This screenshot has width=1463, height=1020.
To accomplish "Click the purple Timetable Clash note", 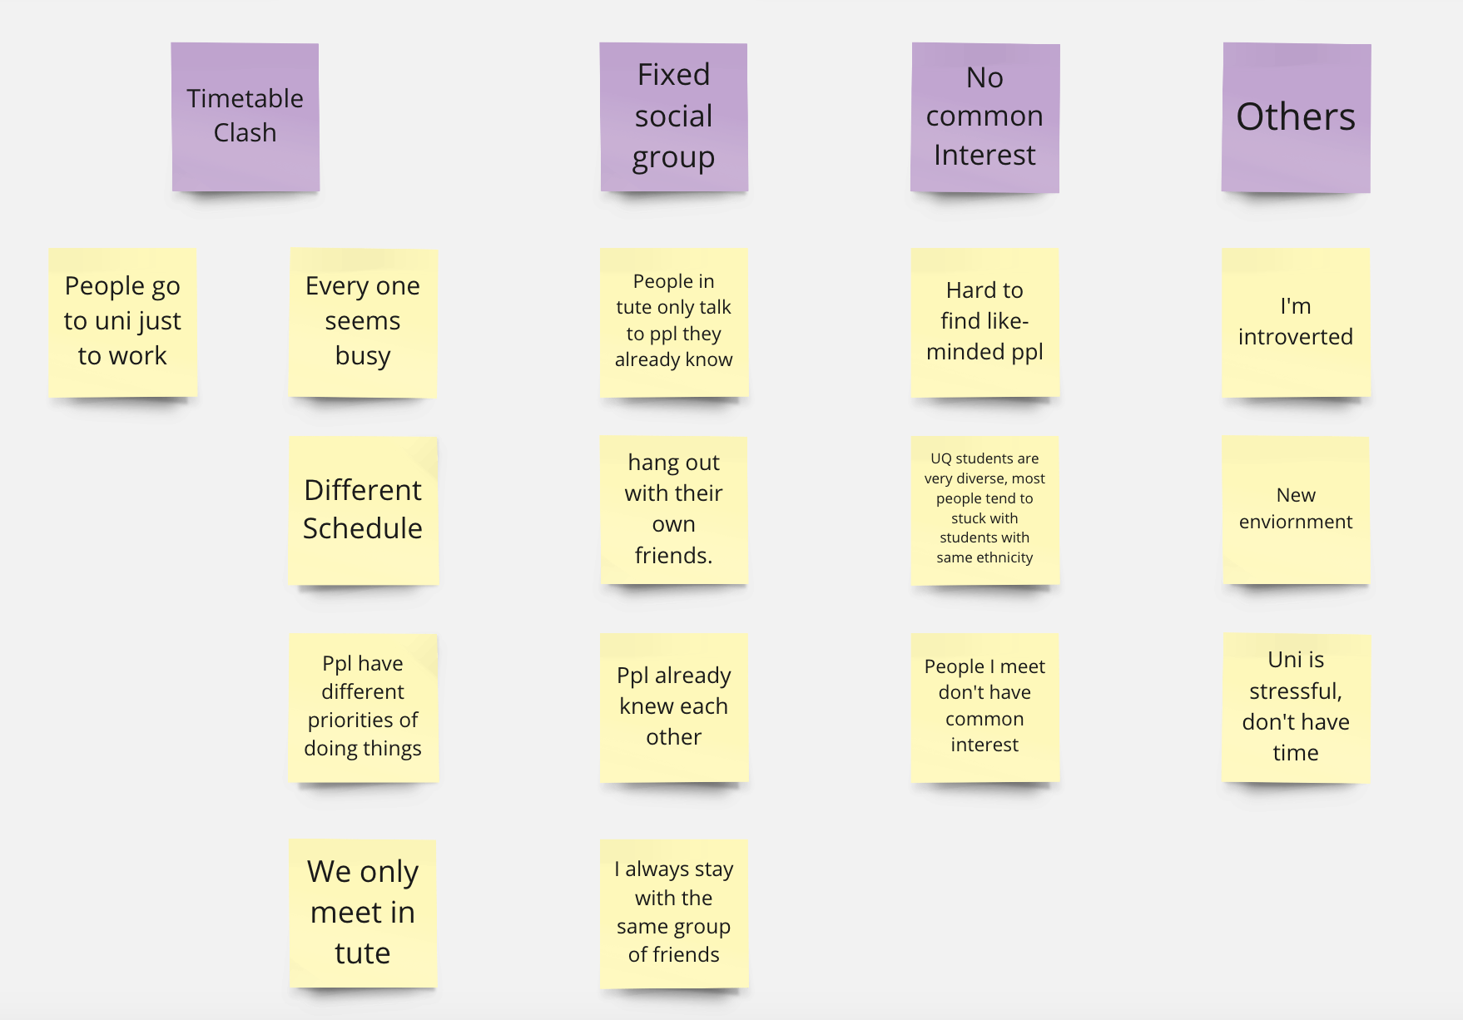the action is tap(245, 116).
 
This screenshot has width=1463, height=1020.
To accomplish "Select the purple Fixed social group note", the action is tap(673, 116).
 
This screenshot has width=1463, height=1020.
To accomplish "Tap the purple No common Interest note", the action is tap(984, 117).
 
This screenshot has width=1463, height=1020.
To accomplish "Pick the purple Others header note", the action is tap(1296, 117).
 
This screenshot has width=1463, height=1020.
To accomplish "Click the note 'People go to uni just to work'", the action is tap(122, 321).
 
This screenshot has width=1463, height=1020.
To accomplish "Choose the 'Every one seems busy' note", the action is tap(363, 322).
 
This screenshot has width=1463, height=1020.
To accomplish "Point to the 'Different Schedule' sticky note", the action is tap(363, 510).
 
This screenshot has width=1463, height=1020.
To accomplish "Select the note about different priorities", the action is tap(363, 707).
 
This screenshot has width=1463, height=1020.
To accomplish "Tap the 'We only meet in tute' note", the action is tap(363, 913).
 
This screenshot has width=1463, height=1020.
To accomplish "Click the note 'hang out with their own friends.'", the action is tap(673, 509).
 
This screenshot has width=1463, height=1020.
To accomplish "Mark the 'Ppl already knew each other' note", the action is tap(673, 707).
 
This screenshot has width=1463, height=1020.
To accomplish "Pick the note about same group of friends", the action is tap(673, 913).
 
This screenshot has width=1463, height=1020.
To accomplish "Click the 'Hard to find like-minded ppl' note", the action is tap(984, 321).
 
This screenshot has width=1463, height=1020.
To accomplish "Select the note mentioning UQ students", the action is tap(984, 509).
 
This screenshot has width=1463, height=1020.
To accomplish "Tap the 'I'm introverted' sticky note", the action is tap(1295, 321).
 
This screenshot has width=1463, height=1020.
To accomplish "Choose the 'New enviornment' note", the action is tap(1295, 509).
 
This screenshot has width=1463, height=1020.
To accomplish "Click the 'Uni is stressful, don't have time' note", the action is tap(1295, 707).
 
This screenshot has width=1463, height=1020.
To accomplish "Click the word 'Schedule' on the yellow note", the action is tap(363, 528).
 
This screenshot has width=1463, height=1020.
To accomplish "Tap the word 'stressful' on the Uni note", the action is tap(1295, 691).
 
